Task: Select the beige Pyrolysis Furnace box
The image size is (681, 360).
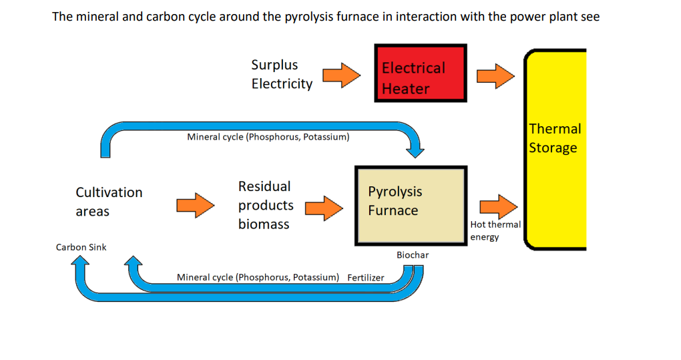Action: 411,206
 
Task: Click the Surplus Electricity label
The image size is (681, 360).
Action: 281,74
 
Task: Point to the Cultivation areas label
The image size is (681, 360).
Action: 109,202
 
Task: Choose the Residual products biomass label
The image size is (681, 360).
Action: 265,205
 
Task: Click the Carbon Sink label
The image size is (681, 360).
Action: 81,247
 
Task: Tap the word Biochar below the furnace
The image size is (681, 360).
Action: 413,255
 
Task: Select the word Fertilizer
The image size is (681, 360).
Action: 366,277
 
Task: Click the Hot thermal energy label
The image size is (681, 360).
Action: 495,230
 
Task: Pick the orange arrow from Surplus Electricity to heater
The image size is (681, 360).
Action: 342,75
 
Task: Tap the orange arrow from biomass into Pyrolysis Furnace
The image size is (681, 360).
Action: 324,208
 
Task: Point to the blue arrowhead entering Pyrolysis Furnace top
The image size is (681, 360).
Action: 416,150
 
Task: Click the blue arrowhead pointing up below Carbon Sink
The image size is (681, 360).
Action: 81,262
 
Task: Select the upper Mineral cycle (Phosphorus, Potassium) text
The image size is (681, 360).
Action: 268,137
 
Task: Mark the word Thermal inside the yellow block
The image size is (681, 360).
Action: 555,129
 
